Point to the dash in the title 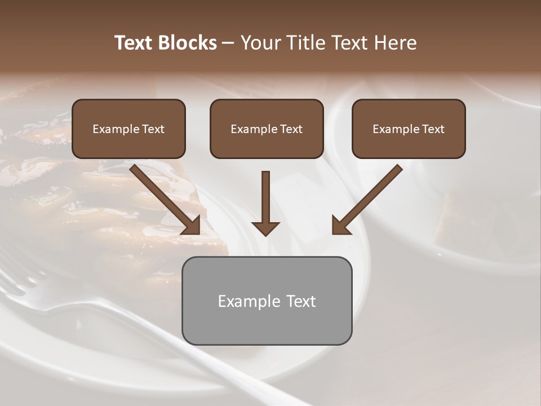tap(228, 43)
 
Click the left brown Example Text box tap(128, 129)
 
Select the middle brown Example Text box tap(267, 129)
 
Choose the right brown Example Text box tap(409, 129)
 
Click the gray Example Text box tap(267, 301)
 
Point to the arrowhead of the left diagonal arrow tap(192, 226)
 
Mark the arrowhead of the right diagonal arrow tap(340, 226)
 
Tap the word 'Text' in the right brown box tap(433, 129)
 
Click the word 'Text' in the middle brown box tap(291, 129)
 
